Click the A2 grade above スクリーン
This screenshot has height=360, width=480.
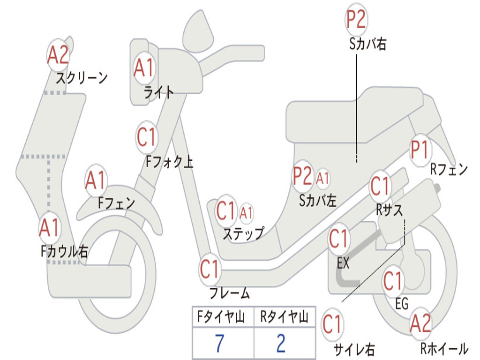(x=58, y=55)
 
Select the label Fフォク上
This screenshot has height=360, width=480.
(x=169, y=162)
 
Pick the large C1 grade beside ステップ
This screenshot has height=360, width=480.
(x=226, y=212)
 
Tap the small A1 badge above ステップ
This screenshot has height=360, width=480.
(x=246, y=213)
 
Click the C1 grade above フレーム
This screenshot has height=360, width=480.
(x=210, y=269)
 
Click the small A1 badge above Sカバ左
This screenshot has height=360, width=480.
(x=323, y=178)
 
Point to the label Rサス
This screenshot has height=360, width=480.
(x=389, y=210)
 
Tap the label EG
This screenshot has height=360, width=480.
(x=402, y=304)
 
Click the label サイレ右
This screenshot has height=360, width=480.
(x=354, y=349)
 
